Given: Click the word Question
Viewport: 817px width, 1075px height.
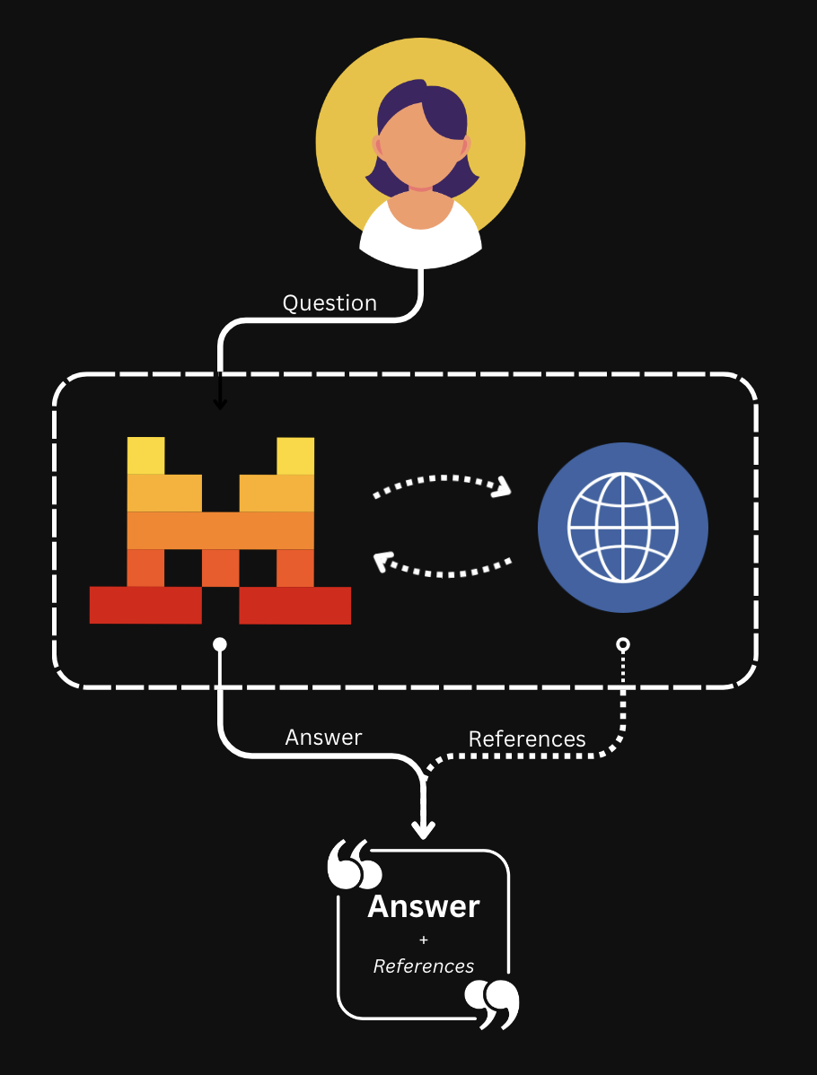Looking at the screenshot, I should [x=329, y=303].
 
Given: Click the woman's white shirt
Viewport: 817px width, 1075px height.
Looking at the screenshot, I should [x=421, y=238].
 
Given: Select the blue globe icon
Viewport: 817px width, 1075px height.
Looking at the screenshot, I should [x=622, y=528].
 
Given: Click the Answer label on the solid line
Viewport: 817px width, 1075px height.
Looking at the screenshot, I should [x=323, y=738].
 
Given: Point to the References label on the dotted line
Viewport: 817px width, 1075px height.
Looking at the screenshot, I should [x=527, y=739].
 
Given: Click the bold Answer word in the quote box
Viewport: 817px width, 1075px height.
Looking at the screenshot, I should [x=424, y=906].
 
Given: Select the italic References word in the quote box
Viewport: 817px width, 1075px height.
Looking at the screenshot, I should [x=424, y=966].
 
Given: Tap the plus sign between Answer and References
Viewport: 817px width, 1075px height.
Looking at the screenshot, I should [x=424, y=940].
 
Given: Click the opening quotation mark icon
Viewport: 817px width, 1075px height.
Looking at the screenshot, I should [x=354, y=865].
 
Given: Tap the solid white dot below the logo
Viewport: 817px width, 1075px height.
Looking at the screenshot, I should [x=220, y=644].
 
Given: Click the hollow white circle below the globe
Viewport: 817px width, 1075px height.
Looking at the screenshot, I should [x=623, y=644].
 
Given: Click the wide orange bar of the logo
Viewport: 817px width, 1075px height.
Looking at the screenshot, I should [x=220, y=529].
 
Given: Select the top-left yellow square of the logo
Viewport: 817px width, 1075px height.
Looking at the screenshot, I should [x=145, y=455].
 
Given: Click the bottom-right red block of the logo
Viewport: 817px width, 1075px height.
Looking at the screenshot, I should [x=294, y=605].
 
